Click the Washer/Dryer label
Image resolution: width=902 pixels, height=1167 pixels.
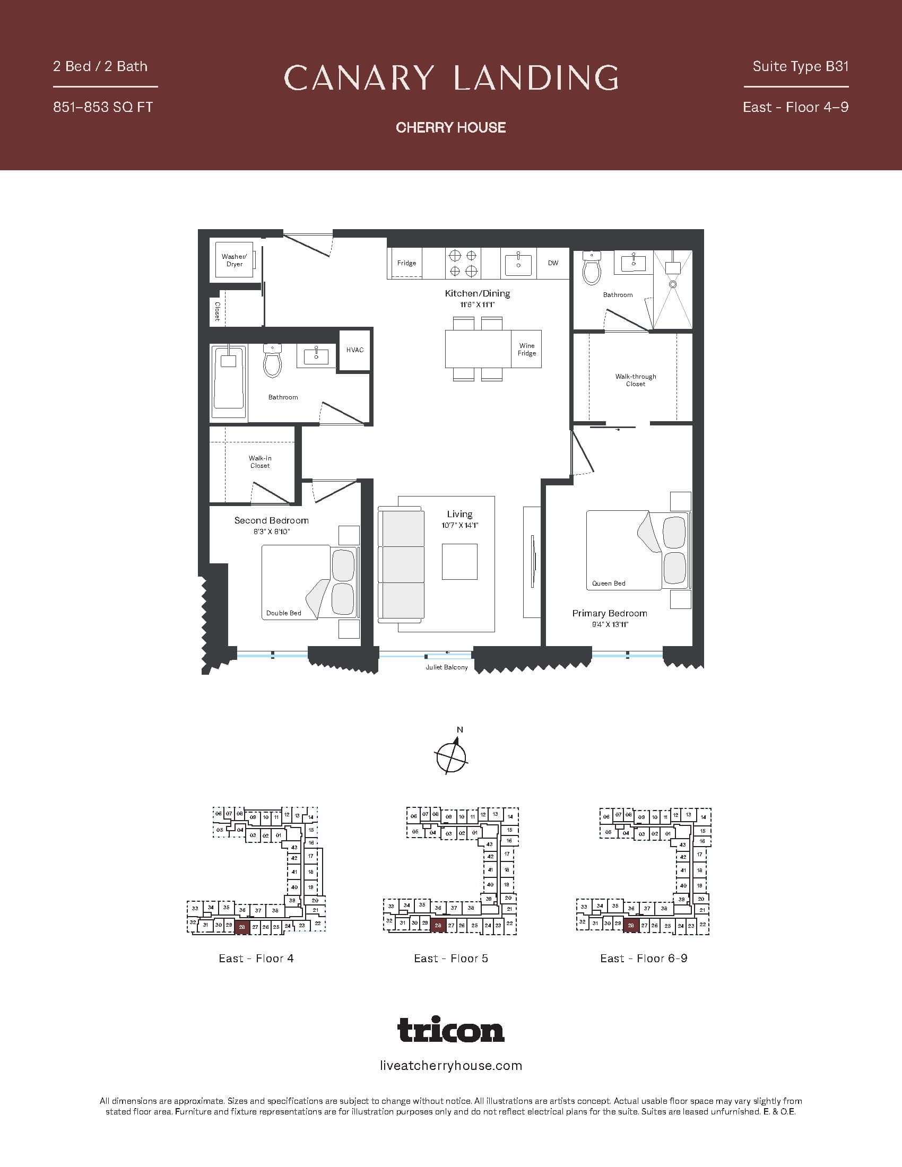click(x=234, y=260)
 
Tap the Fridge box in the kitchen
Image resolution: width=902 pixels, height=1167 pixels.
click(x=406, y=263)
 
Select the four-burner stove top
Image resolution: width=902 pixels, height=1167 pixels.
click(x=463, y=264)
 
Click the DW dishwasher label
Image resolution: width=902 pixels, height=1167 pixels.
click(x=553, y=263)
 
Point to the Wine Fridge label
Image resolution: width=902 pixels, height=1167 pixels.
click(x=526, y=350)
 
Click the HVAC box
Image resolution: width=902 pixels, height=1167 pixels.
click(x=355, y=350)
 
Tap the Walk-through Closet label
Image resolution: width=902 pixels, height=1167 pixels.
click(x=635, y=380)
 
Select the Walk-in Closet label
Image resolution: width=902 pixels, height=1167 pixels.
click(x=260, y=461)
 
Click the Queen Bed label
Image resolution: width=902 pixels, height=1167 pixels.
click(x=609, y=583)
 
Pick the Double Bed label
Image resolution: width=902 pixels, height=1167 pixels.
click(x=284, y=613)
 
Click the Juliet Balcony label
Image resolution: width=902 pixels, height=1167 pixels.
click(x=447, y=667)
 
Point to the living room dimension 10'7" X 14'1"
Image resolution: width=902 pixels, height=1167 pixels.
click(x=459, y=525)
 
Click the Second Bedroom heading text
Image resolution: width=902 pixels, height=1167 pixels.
click(x=272, y=520)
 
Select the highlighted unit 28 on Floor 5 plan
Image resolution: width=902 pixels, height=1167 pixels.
click(x=438, y=926)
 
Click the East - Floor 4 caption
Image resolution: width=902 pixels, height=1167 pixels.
click(x=256, y=958)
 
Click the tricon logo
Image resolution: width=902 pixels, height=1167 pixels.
click(x=451, y=1030)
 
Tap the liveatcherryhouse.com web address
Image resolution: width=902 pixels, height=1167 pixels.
click(x=451, y=1066)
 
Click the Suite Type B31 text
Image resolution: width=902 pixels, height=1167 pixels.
click(x=801, y=66)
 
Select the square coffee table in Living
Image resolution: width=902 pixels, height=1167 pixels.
click(x=459, y=562)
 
